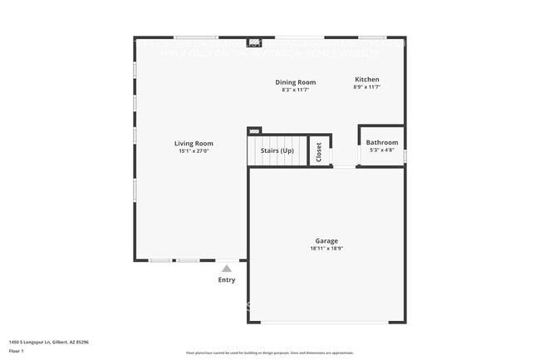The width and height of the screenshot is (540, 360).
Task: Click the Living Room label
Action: point(194,143)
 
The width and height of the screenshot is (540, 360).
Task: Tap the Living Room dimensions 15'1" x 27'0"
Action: point(194,151)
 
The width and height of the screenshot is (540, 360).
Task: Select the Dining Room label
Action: point(296,81)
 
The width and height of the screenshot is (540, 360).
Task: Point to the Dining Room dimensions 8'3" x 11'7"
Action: point(296,90)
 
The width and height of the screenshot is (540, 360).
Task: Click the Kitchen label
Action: point(366,78)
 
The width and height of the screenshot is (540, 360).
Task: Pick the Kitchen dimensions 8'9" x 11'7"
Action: point(366,86)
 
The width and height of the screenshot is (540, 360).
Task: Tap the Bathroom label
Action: point(382,142)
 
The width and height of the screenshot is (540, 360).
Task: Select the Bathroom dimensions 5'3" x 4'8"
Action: point(382,150)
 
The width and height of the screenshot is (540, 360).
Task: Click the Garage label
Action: point(326,240)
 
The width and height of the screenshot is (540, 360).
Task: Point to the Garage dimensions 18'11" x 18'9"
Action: point(326,249)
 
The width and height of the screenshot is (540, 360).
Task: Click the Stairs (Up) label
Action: point(277,150)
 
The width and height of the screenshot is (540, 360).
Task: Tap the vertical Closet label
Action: point(319,151)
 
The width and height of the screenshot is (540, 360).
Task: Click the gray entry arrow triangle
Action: point(227,269)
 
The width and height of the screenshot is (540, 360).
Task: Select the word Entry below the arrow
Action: point(227,280)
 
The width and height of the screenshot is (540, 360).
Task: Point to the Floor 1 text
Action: point(17,351)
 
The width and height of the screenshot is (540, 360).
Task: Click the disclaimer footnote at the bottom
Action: point(270,353)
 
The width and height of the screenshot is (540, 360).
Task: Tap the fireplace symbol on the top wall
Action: point(254,41)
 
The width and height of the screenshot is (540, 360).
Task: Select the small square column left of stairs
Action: point(254,131)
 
